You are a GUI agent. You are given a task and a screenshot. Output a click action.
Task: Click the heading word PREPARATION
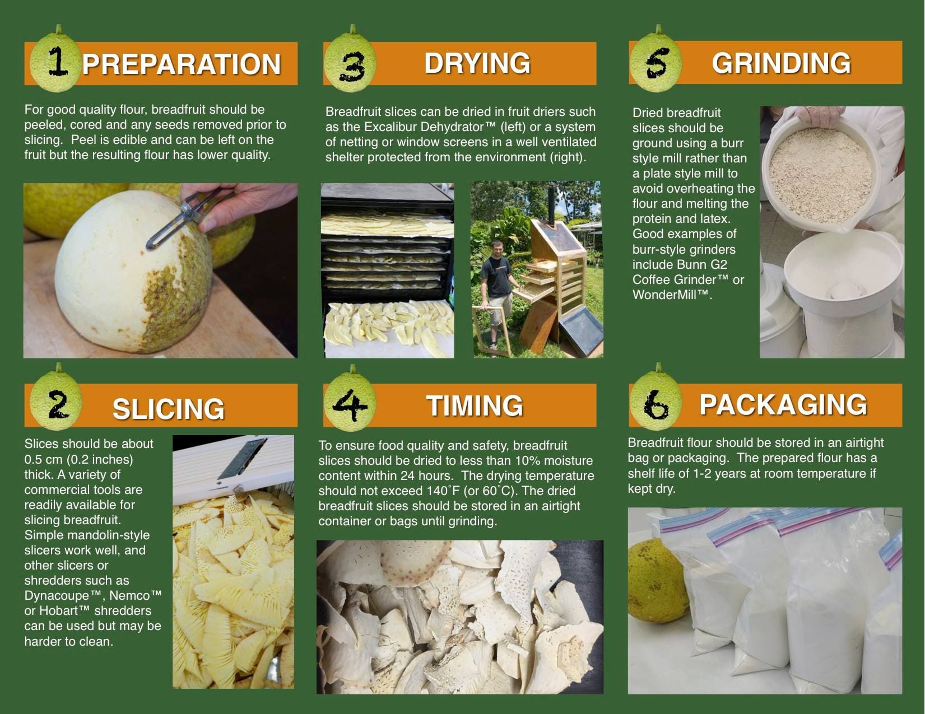tap(181, 64)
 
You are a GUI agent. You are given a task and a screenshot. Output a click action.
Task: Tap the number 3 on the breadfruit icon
tap(351, 67)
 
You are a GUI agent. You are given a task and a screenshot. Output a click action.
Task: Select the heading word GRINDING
tap(781, 63)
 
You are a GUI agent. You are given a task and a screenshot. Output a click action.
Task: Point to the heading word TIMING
tap(475, 405)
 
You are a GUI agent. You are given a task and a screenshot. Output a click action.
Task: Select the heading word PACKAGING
tap(783, 405)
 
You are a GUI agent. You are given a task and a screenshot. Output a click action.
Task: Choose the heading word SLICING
tap(168, 409)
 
